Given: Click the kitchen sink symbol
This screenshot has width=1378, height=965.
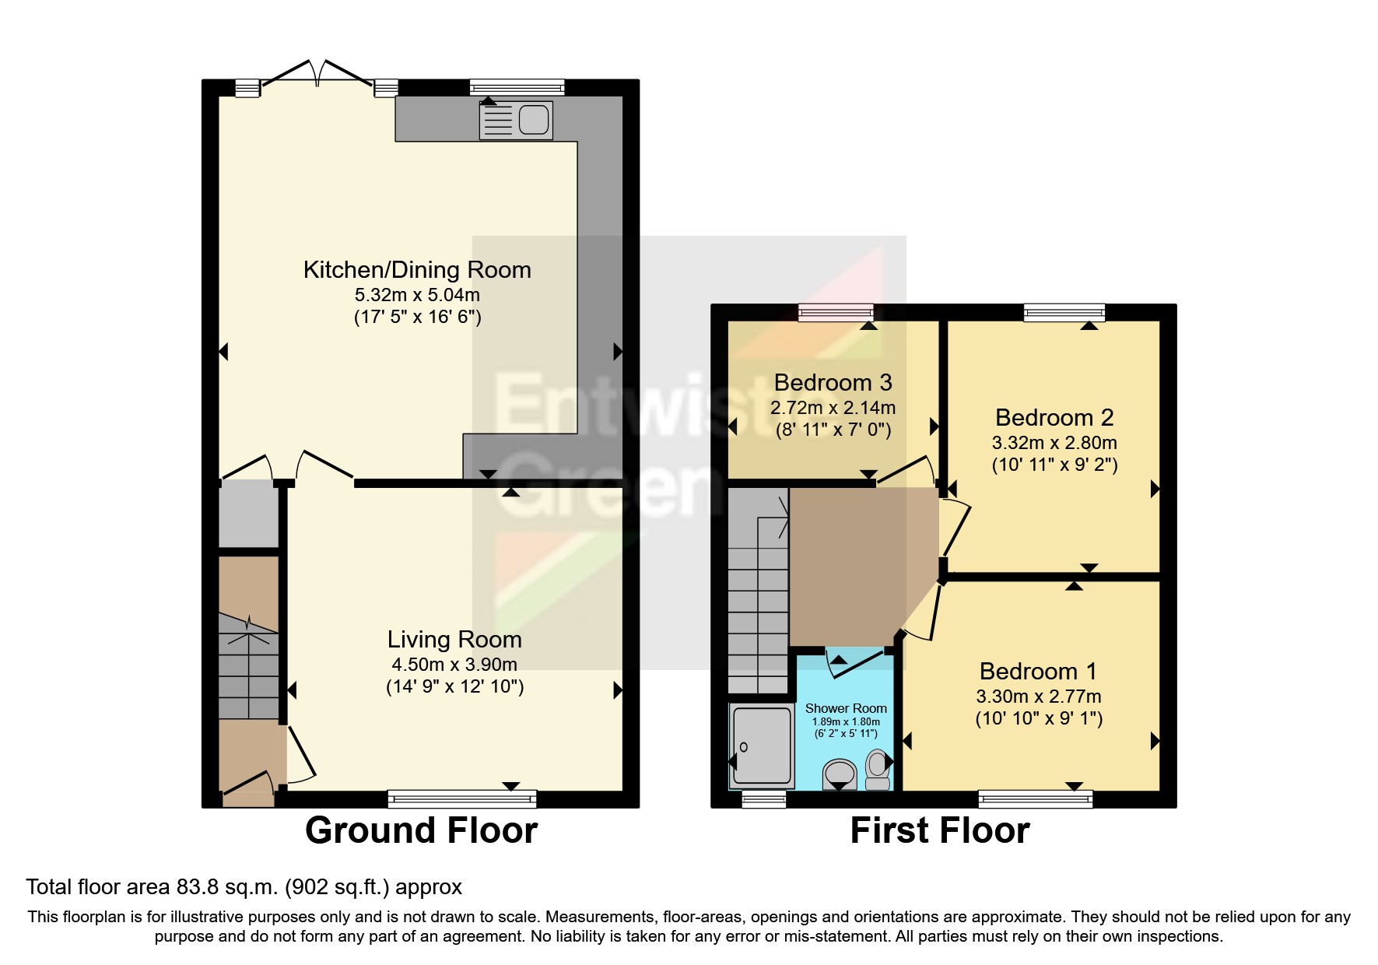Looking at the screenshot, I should tap(516, 121).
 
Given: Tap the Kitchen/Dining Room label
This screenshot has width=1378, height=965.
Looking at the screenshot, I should tap(417, 270).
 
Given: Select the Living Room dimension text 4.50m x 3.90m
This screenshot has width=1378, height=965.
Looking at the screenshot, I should tap(454, 665).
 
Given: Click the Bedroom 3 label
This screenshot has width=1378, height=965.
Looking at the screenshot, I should tap(833, 383).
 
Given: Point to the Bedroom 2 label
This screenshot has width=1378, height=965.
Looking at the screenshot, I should tap(1054, 418).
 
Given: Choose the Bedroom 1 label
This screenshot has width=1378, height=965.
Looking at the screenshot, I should tap(1038, 672).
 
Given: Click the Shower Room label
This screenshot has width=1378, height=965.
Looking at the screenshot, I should tap(846, 708).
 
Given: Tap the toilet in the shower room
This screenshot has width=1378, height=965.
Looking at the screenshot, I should tap(877, 769).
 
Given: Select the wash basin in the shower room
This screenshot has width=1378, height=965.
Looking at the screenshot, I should tap(839, 774).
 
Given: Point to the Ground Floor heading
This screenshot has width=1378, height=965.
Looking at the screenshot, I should tap(421, 831).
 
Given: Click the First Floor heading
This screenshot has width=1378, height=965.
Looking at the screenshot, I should tap(939, 831).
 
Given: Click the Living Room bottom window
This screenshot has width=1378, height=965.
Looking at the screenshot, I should tap(462, 798).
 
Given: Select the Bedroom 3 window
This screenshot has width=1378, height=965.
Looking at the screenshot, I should tap(836, 313).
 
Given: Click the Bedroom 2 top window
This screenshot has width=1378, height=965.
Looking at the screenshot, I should tap(1064, 313).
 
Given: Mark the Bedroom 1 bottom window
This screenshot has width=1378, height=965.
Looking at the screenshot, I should tap(1035, 798).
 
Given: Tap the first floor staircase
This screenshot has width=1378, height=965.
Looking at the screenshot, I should tap(757, 591).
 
